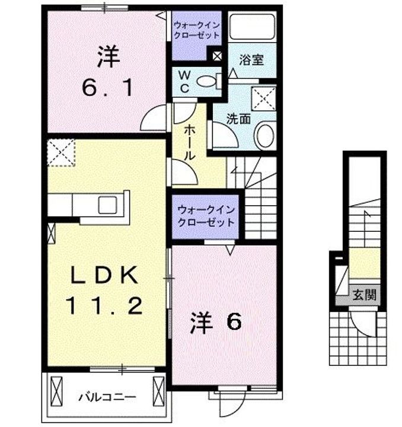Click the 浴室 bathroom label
coord(252,59)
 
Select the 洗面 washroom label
coord(239,118)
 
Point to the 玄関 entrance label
coord(365,295)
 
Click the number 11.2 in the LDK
coord(105,306)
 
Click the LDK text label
coord(105,275)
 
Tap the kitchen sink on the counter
coord(108,205)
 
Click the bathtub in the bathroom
coord(251,27)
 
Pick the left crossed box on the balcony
coord(57,392)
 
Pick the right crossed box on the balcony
coord(158,391)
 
